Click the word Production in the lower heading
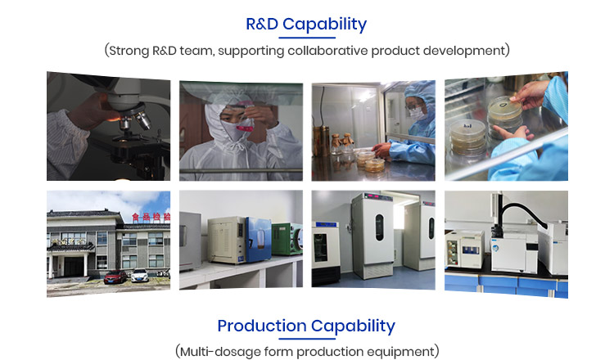pyautogui.click(x=261, y=326)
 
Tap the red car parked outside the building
pyautogui.click(x=115, y=277)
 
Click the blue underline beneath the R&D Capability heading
pyautogui.click(x=307, y=38)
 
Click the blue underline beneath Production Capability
pyautogui.click(x=307, y=339)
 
